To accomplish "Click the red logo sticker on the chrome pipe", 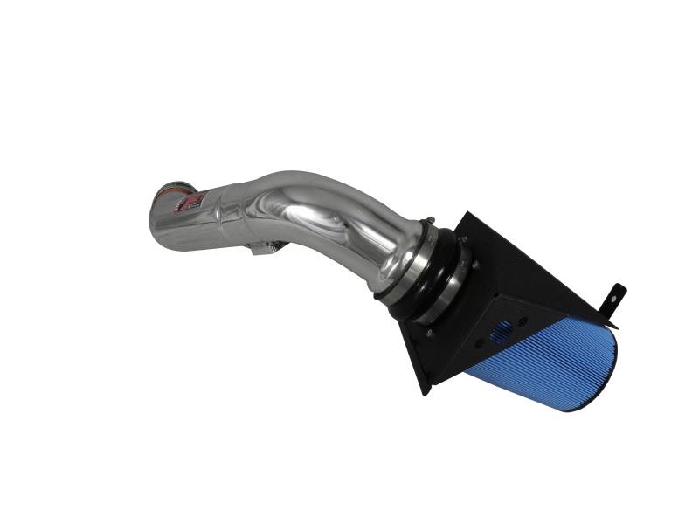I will [x=190, y=203].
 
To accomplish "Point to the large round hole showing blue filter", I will [x=502, y=332].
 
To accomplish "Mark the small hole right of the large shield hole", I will [x=523, y=321].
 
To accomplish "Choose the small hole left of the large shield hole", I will [x=478, y=343].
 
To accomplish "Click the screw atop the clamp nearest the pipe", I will [x=429, y=221].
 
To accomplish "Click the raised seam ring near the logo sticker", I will [x=218, y=210].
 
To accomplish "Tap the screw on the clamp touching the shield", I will [x=463, y=238].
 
